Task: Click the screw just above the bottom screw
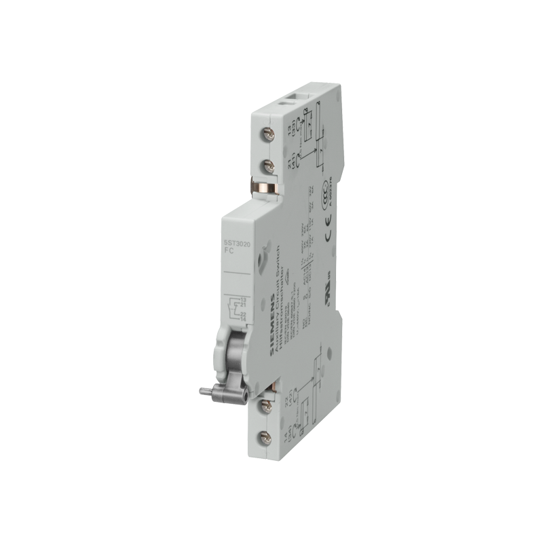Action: (265, 405)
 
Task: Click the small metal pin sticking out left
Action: (203, 391)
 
